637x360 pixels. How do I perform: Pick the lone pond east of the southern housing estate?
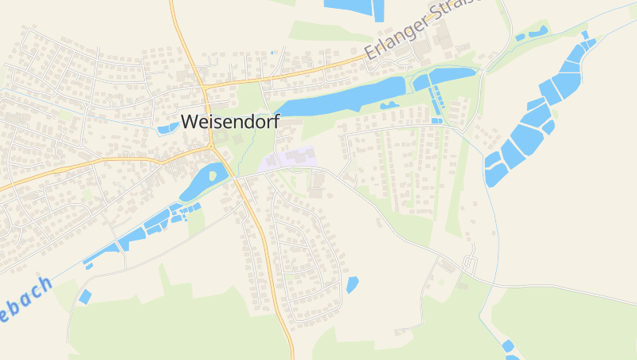tap(352, 284)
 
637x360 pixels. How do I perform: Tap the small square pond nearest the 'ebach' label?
tap(84, 296)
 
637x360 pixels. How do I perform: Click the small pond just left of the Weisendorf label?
tap(167, 127)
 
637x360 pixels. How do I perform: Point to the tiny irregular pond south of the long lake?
tap(389, 105)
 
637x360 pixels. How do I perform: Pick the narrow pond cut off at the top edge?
tap(378, 10)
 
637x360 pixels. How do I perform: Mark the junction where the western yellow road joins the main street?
tap(212, 148)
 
